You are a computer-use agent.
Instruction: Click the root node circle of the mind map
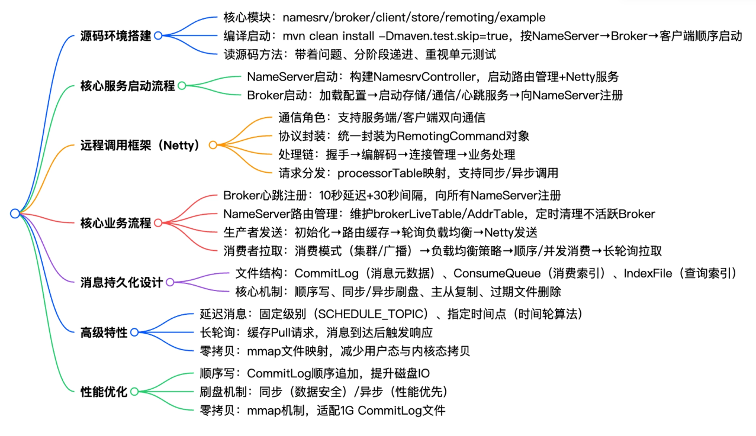[15, 214]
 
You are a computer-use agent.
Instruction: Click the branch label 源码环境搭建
[115, 35]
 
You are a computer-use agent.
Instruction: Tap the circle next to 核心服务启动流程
[182, 86]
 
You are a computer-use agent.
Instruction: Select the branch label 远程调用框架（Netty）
[140, 145]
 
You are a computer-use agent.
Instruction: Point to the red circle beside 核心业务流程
[158, 224]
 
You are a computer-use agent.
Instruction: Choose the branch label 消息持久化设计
[121, 282]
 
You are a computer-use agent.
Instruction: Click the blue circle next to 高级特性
[134, 332]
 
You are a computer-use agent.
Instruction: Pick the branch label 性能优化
[104, 391]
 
